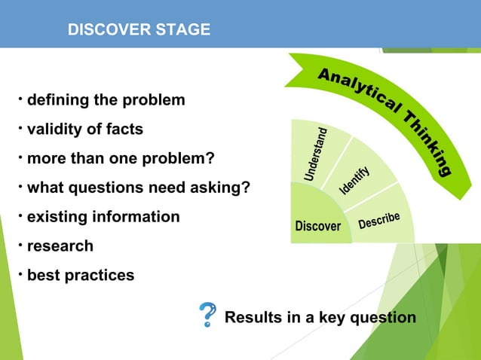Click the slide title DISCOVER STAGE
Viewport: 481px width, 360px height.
click(x=139, y=30)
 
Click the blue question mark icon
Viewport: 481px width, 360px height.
click(x=207, y=316)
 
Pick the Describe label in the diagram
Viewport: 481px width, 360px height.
click(x=384, y=220)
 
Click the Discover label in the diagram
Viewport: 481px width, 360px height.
click(x=318, y=226)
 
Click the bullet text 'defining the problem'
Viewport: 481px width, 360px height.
click(x=106, y=100)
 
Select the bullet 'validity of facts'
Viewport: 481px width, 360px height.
click(x=84, y=130)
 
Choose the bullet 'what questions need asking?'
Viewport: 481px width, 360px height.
click(x=138, y=188)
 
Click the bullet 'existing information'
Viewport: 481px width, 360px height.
click(x=103, y=217)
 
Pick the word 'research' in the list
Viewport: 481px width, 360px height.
click(x=60, y=246)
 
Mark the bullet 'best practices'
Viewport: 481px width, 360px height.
click(x=81, y=276)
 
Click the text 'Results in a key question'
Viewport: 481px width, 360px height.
click(x=320, y=317)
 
